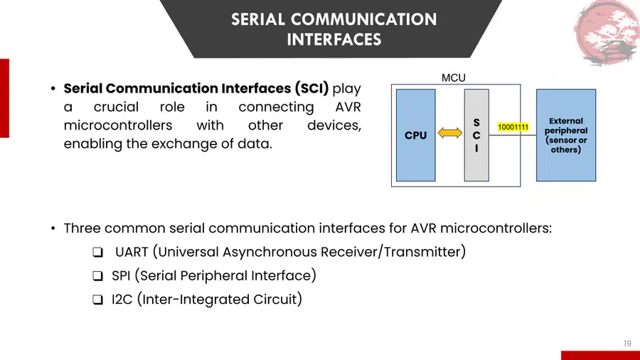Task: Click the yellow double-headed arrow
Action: [x=450, y=132]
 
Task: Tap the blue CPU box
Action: [x=415, y=135]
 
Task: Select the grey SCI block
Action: [x=476, y=135]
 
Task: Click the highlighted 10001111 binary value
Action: [x=513, y=127]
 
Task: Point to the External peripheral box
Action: [x=566, y=135]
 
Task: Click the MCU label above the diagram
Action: [x=454, y=78]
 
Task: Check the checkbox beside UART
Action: [x=97, y=253]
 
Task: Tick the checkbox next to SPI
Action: [x=97, y=276]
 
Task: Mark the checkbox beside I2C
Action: [x=97, y=300]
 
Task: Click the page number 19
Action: [x=627, y=343]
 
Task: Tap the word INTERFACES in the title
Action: [x=334, y=40]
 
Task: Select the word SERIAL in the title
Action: [x=258, y=19]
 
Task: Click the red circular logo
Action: [x=607, y=33]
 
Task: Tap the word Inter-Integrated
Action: [x=194, y=300]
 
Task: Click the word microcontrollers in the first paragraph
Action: [x=118, y=125]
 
